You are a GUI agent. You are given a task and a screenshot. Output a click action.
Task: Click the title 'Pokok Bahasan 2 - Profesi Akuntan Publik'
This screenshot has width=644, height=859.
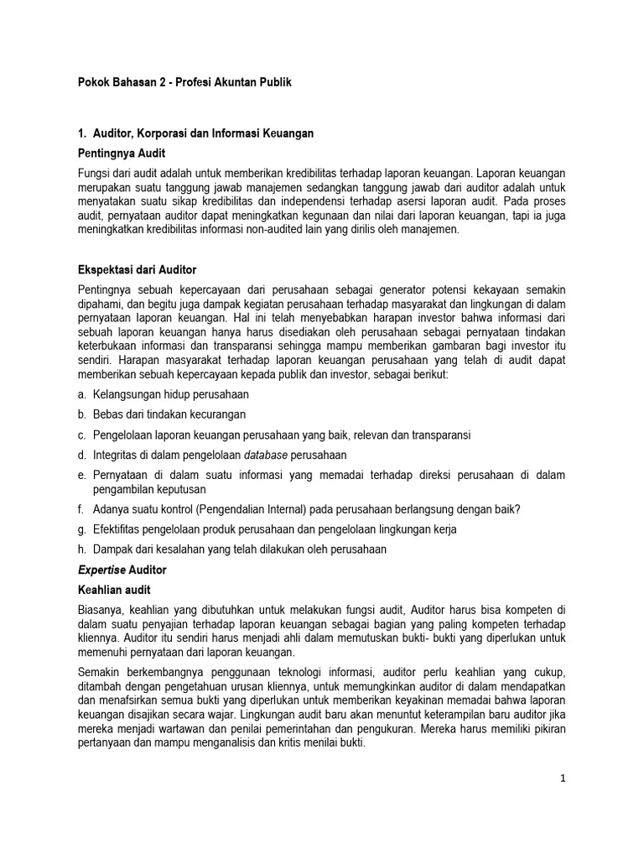click(184, 84)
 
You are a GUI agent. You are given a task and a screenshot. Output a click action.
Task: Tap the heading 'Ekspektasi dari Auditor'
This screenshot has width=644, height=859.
click(137, 269)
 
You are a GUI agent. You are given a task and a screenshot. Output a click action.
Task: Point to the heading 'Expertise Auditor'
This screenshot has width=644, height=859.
click(122, 570)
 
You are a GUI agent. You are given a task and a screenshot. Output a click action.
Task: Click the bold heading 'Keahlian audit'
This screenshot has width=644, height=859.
click(114, 591)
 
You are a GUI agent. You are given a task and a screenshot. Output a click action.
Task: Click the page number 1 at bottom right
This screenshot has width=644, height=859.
click(564, 778)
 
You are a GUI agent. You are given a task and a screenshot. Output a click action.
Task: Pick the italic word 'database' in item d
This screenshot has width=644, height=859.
click(265, 455)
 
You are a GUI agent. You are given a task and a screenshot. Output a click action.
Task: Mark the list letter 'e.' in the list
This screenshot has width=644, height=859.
click(82, 475)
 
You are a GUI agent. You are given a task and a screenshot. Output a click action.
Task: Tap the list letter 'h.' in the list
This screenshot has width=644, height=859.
click(82, 549)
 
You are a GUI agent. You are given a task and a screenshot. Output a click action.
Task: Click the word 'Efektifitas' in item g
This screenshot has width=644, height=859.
click(117, 529)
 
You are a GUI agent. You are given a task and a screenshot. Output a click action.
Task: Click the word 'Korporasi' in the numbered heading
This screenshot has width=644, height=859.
click(166, 133)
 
